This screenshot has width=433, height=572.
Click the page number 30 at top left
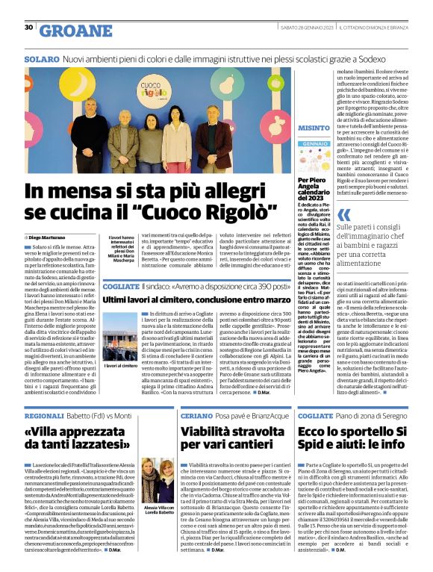(28, 27)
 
